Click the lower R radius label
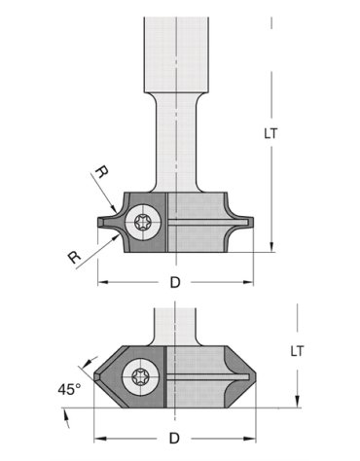coord(75,258)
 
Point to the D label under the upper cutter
coord(175,283)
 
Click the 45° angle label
coord(68,389)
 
